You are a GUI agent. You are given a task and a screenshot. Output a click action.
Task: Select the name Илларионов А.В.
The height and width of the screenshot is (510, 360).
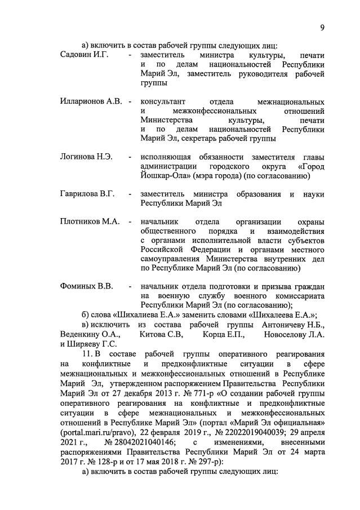[x=91, y=102]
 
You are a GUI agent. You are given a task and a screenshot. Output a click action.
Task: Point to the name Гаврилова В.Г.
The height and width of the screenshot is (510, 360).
[x=87, y=194]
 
